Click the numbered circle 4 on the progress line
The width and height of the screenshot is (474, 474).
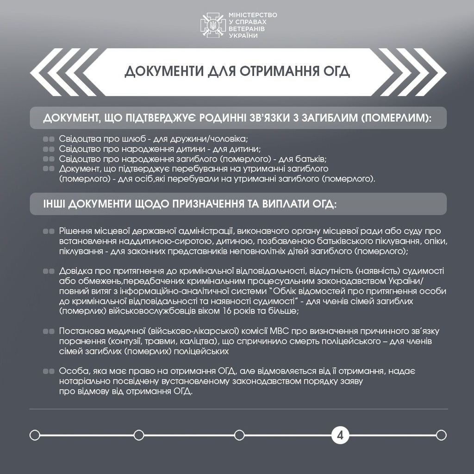click(x=340, y=435)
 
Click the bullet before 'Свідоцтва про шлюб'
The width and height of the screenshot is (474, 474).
click(x=49, y=138)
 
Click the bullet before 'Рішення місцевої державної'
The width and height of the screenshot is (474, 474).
click(x=49, y=231)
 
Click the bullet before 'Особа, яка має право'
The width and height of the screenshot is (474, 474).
click(x=49, y=371)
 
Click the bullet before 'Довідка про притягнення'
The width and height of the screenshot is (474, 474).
click(x=49, y=270)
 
